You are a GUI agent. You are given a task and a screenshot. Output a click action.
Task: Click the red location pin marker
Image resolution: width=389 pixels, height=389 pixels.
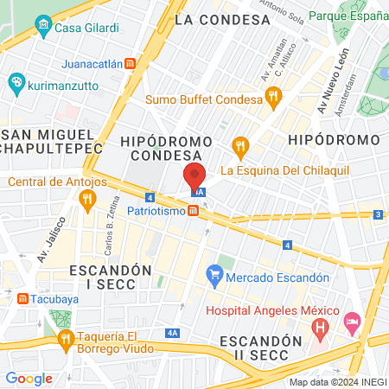194,176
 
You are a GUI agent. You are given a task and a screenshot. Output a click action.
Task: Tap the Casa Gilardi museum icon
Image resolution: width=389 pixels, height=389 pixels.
43,29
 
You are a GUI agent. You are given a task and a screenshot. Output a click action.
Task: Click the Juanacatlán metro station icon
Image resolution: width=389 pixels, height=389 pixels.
130,63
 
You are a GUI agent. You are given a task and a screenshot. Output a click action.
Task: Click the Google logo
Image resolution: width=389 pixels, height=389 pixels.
29,378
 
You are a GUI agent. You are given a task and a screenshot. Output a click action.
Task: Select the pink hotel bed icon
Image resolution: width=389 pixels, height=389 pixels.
353,324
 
